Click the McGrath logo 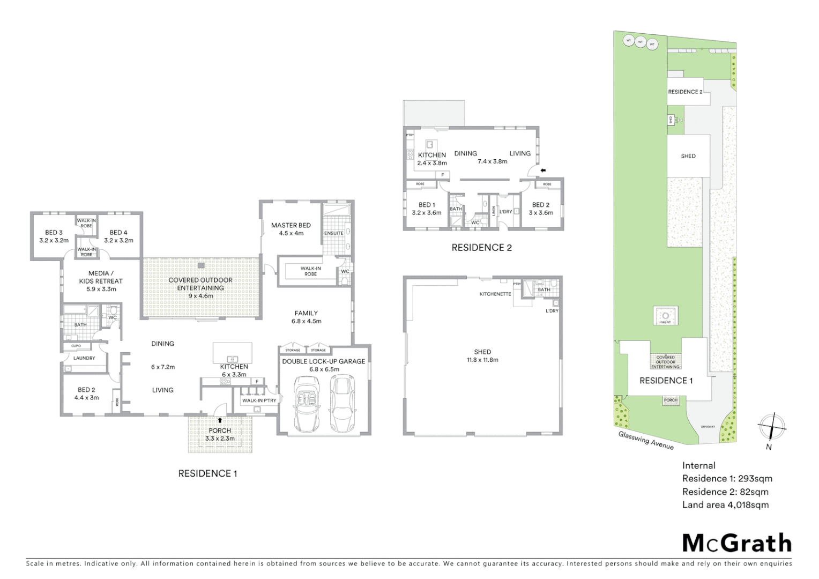[736, 543]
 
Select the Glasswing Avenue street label [646, 440]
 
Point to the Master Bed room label [291, 225]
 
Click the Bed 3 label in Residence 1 [54, 233]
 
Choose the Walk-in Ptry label [259, 400]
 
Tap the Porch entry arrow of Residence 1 [220, 421]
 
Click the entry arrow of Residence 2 [543, 170]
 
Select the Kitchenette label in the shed [495, 294]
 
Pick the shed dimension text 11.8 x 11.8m [482, 360]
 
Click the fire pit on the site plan [665, 316]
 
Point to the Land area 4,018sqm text [725, 504]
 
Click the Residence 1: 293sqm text [727, 479]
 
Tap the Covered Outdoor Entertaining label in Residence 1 [200, 284]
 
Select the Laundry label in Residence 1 [84, 358]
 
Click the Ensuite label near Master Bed [334, 234]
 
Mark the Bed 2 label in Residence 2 [540, 205]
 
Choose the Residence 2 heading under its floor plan [481, 248]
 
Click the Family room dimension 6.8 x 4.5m [306, 321]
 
